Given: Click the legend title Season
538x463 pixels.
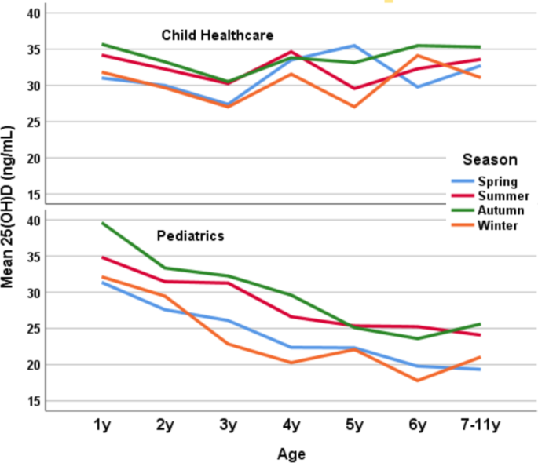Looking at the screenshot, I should point(489,159).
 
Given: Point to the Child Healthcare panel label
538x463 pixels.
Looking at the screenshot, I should point(217,35).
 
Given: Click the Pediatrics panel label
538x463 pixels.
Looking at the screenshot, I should point(191,235).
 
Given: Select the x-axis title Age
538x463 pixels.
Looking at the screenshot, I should point(291,454).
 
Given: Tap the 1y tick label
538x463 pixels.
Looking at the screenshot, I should point(102,426).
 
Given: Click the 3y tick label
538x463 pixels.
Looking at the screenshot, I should point(228,426).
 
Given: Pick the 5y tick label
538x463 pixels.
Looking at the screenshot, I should point(354,426).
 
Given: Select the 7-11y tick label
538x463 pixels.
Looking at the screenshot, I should point(480,426).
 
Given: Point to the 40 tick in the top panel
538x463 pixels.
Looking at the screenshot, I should point(34,13).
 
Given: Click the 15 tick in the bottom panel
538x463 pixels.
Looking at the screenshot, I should point(34,401).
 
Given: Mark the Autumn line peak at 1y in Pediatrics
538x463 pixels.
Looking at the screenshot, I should point(102,223).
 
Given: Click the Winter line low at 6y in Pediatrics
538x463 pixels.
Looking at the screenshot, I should point(417,381).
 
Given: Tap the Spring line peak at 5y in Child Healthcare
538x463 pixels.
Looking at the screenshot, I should point(354,46).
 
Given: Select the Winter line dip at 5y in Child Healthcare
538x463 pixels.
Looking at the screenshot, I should point(354,107).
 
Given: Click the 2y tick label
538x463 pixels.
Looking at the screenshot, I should point(165,426).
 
